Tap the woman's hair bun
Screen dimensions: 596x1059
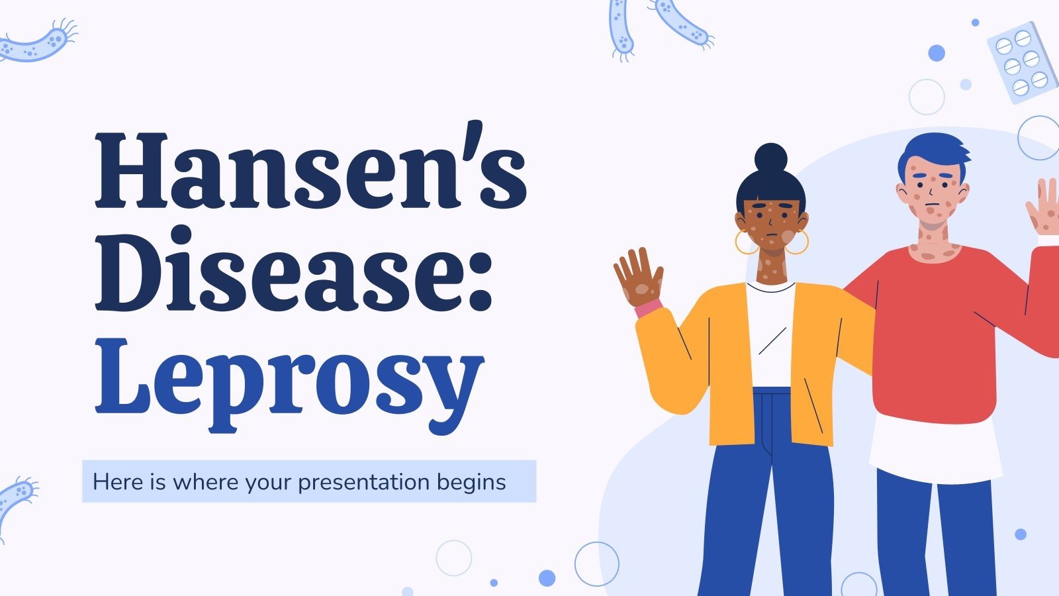tap(771, 160)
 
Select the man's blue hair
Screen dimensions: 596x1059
tap(934, 155)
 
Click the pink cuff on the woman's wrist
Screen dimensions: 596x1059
tap(648, 308)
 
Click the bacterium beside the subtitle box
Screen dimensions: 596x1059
tap(17, 500)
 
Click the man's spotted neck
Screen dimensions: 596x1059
tap(934, 248)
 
